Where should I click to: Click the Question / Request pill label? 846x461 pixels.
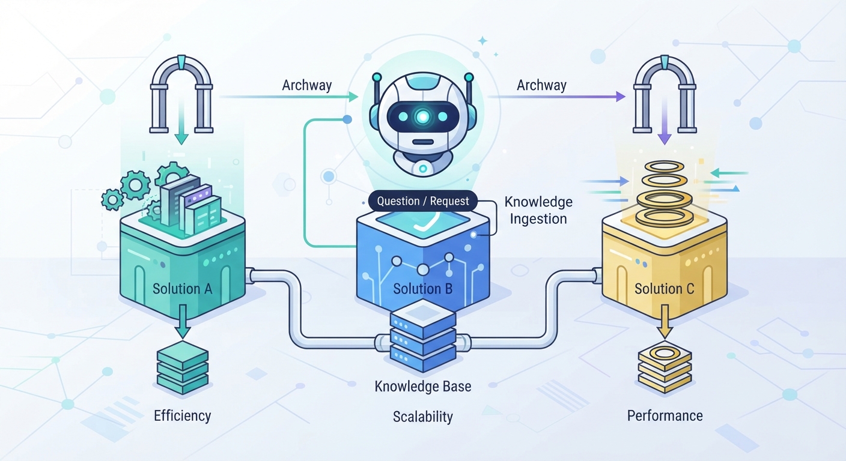click(423, 201)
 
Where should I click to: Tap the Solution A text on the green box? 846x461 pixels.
click(183, 289)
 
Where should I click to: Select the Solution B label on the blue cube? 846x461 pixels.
click(422, 289)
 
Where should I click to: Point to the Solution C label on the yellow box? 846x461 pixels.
click(665, 289)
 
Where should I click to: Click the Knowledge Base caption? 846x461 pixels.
click(423, 387)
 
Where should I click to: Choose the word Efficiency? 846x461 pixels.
click(183, 416)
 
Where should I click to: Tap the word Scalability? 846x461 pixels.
click(423, 417)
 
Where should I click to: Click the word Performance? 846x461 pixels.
click(665, 416)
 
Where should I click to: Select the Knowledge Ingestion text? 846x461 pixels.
click(538, 210)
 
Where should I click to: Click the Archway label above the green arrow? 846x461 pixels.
click(307, 85)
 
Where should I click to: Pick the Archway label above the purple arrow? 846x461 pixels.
click(541, 85)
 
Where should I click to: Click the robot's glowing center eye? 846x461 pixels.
click(423, 117)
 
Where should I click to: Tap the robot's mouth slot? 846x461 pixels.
click(423, 142)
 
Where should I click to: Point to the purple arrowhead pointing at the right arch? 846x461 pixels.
click(620, 97)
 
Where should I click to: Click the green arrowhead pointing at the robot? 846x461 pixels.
click(353, 97)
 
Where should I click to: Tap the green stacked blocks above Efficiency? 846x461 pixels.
click(183, 368)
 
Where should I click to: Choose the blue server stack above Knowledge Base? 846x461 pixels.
click(423, 336)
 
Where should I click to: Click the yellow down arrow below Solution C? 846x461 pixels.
click(665, 321)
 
